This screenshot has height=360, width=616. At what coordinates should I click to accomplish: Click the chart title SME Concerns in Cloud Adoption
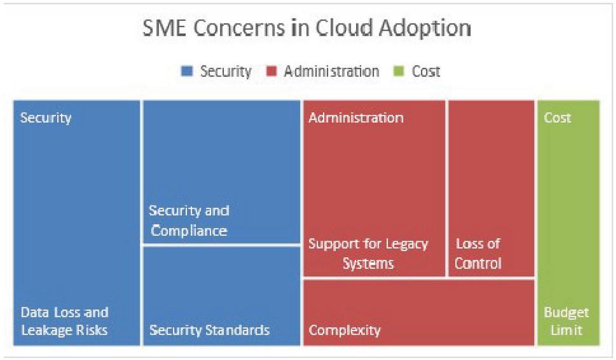(x=306, y=28)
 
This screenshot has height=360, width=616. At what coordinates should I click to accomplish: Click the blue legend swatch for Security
(x=187, y=71)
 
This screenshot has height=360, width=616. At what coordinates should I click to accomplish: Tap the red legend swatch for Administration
(x=271, y=71)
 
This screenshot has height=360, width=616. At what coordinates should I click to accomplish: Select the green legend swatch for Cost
(x=399, y=71)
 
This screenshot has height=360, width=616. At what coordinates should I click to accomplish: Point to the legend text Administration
(x=332, y=71)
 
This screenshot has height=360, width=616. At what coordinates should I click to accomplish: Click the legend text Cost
(x=426, y=71)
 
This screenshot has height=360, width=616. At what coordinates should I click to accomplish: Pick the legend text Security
(x=226, y=71)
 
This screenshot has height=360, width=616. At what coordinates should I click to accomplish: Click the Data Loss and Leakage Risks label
(x=64, y=321)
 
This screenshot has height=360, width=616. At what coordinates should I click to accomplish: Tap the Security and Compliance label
(x=189, y=221)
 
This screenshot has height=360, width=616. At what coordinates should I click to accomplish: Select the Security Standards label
(x=209, y=329)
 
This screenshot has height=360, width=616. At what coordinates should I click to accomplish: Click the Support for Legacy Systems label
(x=368, y=254)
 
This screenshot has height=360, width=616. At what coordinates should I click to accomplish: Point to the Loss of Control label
(x=478, y=254)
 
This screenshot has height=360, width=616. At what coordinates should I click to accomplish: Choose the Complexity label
(x=345, y=330)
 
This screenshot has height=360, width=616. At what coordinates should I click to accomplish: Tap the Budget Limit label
(x=566, y=321)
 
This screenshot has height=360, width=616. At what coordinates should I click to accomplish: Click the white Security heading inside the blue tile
(x=46, y=118)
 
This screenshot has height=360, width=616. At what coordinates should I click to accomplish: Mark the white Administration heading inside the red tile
(x=356, y=118)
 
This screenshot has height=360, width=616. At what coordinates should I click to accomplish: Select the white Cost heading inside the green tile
(x=558, y=118)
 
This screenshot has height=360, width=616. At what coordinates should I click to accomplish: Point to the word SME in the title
(x=165, y=28)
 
